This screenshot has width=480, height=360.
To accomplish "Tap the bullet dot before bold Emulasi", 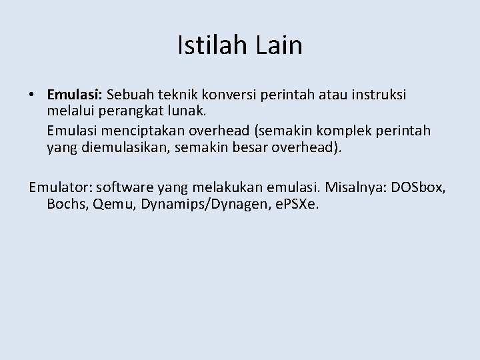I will [32, 95].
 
